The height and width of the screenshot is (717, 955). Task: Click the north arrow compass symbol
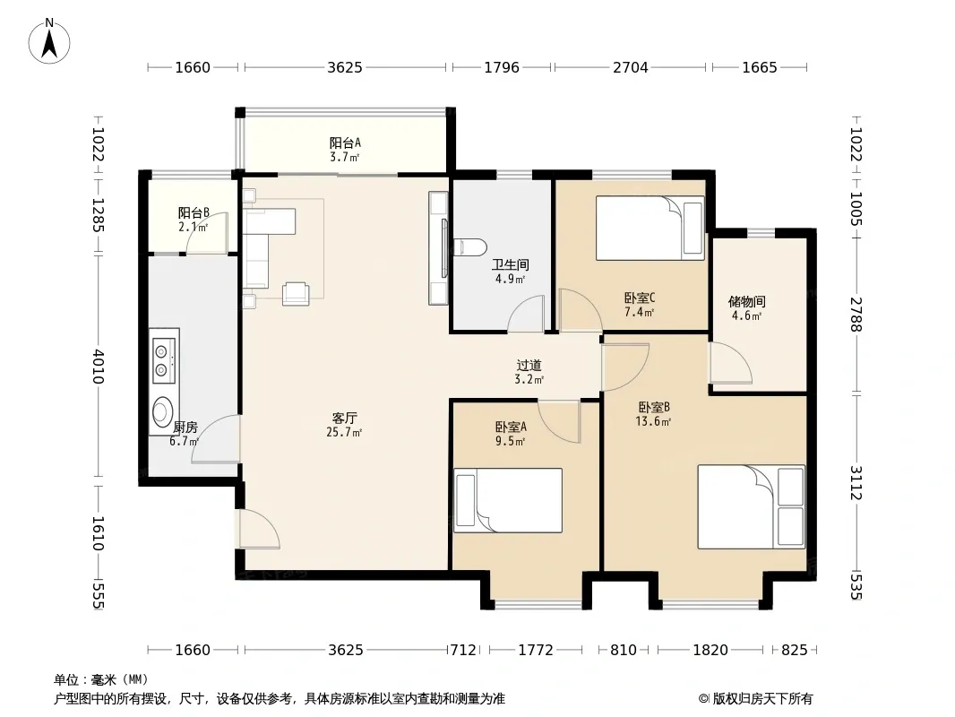(49, 40)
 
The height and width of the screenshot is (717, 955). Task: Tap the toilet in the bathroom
(469, 246)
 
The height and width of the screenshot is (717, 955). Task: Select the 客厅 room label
(344, 418)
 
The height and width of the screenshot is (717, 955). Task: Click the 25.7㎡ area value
(344, 433)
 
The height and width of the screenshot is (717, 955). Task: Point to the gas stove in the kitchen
(164, 360)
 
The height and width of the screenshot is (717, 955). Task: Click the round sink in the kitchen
(163, 410)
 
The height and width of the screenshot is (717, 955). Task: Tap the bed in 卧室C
(650, 228)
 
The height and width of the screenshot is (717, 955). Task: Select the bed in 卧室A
(508, 500)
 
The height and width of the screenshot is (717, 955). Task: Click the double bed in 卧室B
(751, 507)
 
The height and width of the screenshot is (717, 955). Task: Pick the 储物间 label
(746, 301)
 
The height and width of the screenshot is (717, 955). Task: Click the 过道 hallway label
(529, 366)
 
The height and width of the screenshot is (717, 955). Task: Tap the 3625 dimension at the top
(345, 67)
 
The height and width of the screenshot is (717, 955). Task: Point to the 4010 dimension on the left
(98, 367)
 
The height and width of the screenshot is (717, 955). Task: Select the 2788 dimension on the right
(856, 315)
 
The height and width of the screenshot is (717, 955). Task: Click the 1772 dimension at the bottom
(536, 650)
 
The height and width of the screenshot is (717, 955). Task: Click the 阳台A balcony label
(345, 143)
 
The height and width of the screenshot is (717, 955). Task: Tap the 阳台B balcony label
(194, 212)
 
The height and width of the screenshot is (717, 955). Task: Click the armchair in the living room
(296, 293)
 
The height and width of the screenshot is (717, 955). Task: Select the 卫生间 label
(511, 265)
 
